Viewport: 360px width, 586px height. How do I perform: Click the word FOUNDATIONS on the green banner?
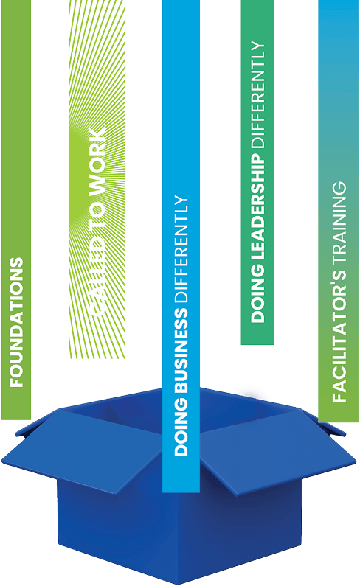point(16,322)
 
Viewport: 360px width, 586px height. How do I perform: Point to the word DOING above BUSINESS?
point(181,427)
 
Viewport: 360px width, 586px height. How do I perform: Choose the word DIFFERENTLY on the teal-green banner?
point(258,94)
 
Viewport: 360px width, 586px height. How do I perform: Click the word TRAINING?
point(339,221)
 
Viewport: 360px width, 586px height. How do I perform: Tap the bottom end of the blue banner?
point(181,492)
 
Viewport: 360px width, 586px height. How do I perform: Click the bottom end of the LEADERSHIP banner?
point(257,343)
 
